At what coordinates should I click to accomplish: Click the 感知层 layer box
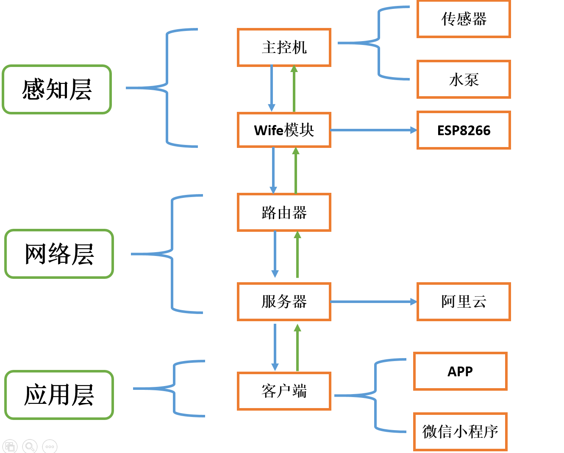(x=57, y=89)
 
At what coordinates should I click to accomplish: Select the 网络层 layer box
(x=59, y=254)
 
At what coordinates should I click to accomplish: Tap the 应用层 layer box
(x=59, y=395)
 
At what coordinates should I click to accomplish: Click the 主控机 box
(x=284, y=47)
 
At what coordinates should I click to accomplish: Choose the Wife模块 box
(x=284, y=130)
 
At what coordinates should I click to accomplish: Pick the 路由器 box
(x=284, y=212)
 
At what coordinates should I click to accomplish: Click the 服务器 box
(x=284, y=302)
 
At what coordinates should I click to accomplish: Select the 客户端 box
(x=284, y=391)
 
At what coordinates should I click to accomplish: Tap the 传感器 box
(x=464, y=19)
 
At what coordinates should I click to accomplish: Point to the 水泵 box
(x=464, y=79)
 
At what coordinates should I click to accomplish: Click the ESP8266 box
(x=464, y=130)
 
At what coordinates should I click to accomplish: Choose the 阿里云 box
(x=464, y=302)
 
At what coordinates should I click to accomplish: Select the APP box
(x=460, y=371)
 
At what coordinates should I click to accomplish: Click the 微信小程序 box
(x=460, y=432)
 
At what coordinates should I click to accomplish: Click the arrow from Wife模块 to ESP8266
(x=373, y=130)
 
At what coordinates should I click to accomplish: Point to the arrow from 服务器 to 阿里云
(x=373, y=302)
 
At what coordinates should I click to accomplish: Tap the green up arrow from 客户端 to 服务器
(x=297, y=347)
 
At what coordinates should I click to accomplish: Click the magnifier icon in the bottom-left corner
(x=30, y=446)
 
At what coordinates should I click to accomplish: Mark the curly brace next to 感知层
(x=167, y=88)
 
